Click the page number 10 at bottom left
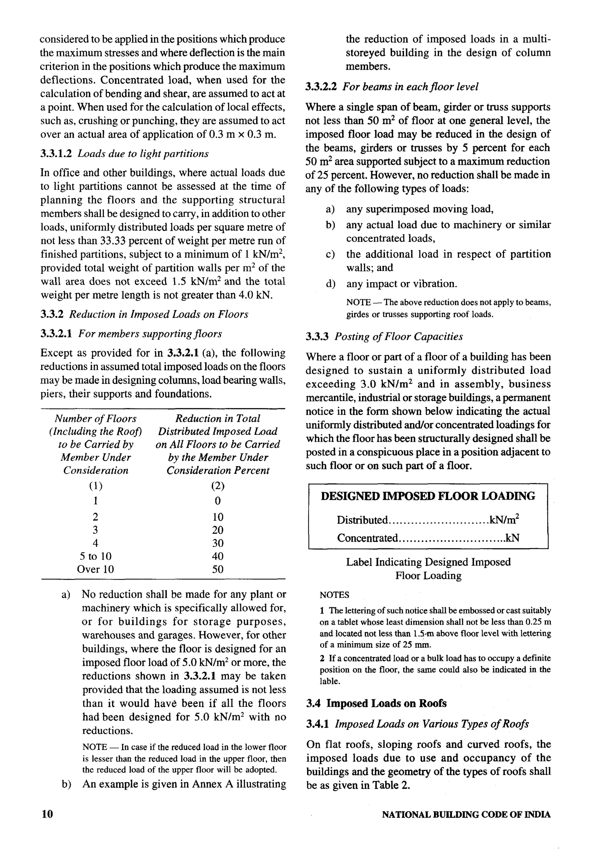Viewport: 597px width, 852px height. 47,814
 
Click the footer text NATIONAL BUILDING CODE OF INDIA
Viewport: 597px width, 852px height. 466,815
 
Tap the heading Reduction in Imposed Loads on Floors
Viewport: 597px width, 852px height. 159,314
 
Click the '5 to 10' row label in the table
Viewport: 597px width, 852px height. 95,556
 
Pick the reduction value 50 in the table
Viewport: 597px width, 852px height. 218,569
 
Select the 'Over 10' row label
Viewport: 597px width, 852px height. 95,569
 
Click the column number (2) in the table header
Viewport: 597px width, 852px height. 218,486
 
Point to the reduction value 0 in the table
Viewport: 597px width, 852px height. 218,501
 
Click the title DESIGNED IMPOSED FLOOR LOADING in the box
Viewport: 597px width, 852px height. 428,496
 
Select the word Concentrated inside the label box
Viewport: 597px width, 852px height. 367,538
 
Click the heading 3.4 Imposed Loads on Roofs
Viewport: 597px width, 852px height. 376,703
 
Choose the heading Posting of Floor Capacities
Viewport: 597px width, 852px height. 398,337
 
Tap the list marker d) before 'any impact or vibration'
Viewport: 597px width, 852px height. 330,284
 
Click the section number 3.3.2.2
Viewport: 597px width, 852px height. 321,87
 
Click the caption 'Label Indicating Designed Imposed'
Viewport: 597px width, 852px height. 428,562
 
